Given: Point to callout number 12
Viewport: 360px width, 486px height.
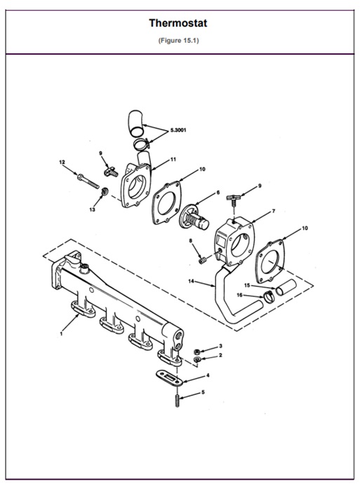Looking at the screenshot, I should tap(62, 163).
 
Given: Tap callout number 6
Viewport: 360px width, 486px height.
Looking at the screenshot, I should tap(218, 192).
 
